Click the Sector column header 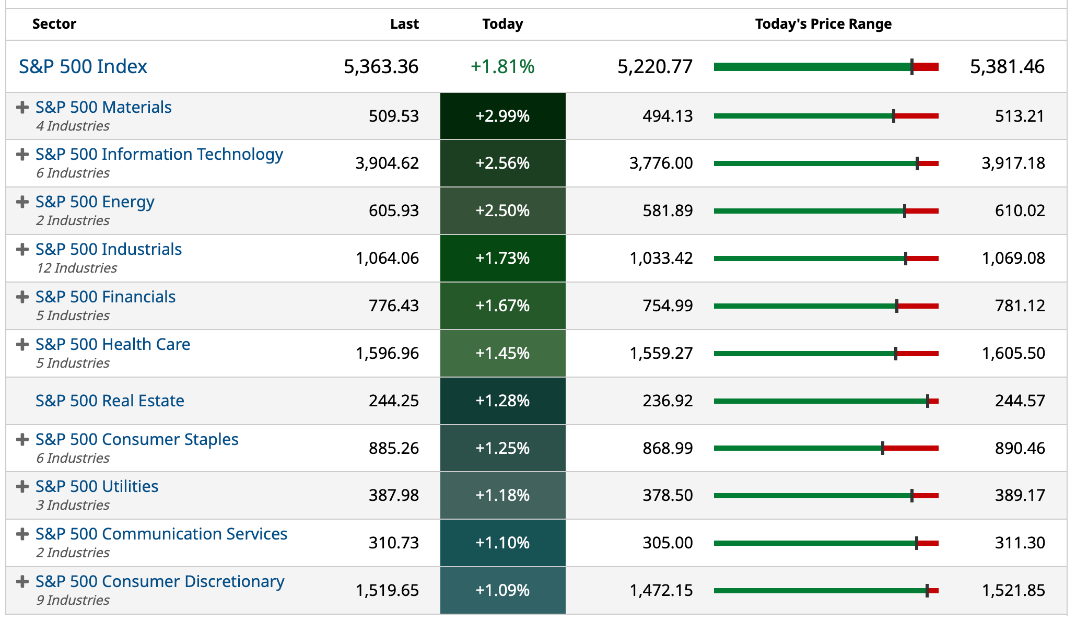(54, 24)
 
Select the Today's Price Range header (823, 24)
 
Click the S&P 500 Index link (83, 67)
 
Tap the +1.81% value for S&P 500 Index (502, 67)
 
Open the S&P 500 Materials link (103, 107)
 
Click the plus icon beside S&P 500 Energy (22, 202)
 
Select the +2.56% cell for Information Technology (502, 163)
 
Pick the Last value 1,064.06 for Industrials (387, 258)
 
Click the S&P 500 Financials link (106, 297)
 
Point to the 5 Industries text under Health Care (73, 363)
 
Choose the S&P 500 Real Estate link (110, 401)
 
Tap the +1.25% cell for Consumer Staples (502, 448)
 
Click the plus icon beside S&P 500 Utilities (22, 487)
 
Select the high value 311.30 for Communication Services (1020, 543)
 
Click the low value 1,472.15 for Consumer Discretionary (661, 591)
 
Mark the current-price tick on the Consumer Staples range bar (883, 448)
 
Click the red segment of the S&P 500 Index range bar (926, 67)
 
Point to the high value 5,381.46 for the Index (1007, 67)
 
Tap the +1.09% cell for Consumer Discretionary (502, 591)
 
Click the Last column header (404, 24)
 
